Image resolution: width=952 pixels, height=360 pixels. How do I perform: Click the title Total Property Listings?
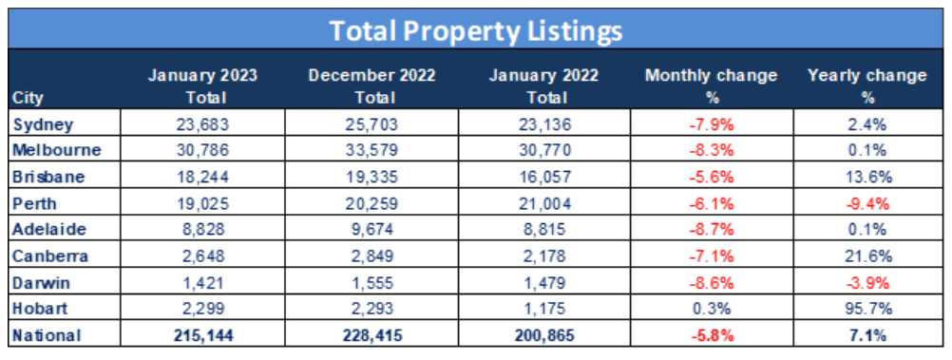(x=476, y=29)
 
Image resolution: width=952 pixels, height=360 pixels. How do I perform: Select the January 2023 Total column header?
(x=202, y=85)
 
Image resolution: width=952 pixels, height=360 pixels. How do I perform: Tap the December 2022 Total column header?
(x=366, y=85)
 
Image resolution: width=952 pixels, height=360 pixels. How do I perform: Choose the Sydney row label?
(x=37, y=123)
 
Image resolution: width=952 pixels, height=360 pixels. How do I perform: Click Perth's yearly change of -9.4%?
(x=866, y=203)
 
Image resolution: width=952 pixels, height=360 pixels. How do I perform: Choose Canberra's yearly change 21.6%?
(x=866, y=256)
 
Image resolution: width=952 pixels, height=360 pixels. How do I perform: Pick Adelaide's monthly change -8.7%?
(x=710, y=230)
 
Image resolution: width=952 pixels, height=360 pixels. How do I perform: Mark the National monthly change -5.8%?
(x=710, y=335)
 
